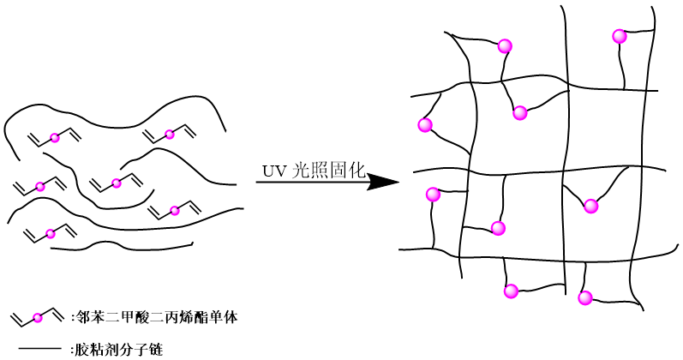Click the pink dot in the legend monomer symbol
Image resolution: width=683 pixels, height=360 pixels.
tap(38, 318)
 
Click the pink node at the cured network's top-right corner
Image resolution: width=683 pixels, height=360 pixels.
tap(620, 36)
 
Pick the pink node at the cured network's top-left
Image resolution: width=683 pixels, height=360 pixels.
tap(505, 46)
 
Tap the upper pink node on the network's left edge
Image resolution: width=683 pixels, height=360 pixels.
tap(425, 125)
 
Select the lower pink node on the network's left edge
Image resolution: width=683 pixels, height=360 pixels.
tap(433, 195)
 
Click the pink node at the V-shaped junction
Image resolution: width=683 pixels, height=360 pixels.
tap(590, 206)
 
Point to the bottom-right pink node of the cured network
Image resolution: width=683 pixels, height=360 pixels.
tap(585, 298)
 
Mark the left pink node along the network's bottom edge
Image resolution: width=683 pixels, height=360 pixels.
tap(512, 291)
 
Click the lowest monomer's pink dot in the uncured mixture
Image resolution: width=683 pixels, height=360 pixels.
tap(51, 233)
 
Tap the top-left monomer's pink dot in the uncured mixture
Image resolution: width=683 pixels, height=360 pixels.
tap(55, 137)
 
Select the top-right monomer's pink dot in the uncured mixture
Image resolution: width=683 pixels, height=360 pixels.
tap(170, 134)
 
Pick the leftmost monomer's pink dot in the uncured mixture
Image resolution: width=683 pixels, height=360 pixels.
tap(39, 185)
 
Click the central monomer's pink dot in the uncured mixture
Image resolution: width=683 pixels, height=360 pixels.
tap(117, 183)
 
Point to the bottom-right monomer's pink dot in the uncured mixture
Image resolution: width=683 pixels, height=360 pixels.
tap(175, 210)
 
